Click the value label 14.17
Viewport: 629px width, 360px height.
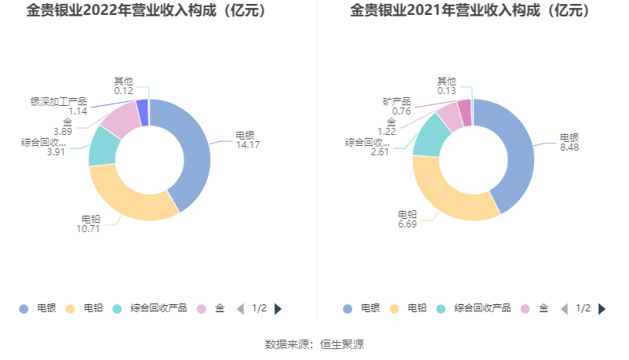pyautogui.click(x=248, y=144)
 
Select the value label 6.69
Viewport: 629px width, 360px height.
pyautogui.click(x=407, y=225)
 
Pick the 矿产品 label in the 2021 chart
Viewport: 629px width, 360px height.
pyautogui.click(x=397, y=101)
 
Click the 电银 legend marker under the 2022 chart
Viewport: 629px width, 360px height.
pyautogui.click(x=24, y=308)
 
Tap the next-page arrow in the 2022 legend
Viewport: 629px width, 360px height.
pyautogui.click(x=278, y=308)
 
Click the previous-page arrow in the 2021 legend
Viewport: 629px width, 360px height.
pyautogui.click(x=564, y=308)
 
